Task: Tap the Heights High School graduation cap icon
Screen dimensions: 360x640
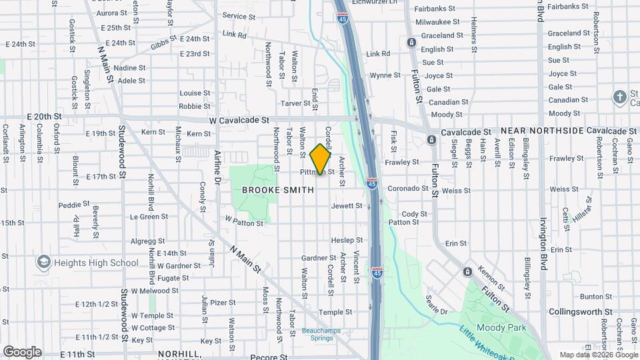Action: tap(44, 262)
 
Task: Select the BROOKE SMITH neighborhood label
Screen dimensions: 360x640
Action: tap(277, 190)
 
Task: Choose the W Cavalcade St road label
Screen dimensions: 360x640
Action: tap(238, 121)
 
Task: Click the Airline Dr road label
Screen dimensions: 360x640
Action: tap(218, 167)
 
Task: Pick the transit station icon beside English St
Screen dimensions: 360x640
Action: tap(412, 43)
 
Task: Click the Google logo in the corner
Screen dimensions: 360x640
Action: tap(22, 352)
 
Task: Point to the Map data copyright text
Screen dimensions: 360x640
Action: tap(598, 355)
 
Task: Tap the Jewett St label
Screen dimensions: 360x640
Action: tap(347, 206)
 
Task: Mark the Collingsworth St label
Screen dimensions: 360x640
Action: tap(580, 312)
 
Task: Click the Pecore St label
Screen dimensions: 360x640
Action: tap(269, 357)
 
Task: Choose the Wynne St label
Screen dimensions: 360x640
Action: tap(385, 75)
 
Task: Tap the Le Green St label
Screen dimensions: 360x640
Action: tap(149, 217)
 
